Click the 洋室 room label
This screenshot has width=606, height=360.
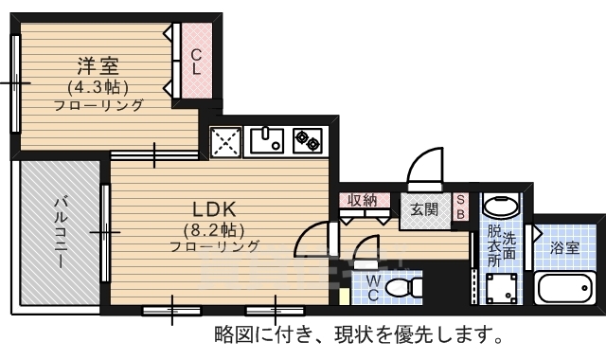pyautogui.click(x=98, y=65)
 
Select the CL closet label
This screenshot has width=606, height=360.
pyautogui.click(x=196, y=62)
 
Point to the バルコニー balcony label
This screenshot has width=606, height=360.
pyautogui.click(x=60, y=232)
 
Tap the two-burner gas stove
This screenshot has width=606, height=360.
pyautogui.click(x=308, y=140)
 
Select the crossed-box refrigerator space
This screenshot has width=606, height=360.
pyautogui.click(x=225, y=142)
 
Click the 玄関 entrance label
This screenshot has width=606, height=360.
pyautogui.click(x=424, y=209)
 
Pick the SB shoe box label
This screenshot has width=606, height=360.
pyautogui.click(x=460, y=207)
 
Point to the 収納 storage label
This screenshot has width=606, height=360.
pyautogui.click(x=362, y=200)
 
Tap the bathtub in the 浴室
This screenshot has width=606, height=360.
pyautogui.click(x=564, y=288)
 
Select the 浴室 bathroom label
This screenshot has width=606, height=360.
pyautogui.click(x=564, y=248)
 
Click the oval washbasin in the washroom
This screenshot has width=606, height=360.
pyautogui.click(x=501, y=207)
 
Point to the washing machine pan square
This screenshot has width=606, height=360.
pyautogui.click(x=501, y=288)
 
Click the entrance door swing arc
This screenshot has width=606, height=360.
pyautogui.click(x=421, y=159)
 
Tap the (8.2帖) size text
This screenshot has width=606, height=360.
pyautogui.click(x=215, y=231)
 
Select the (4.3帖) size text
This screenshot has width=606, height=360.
pyautogui.click(x=98, y=88)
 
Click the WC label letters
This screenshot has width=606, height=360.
pyautogui.click(x=373, y=288)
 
